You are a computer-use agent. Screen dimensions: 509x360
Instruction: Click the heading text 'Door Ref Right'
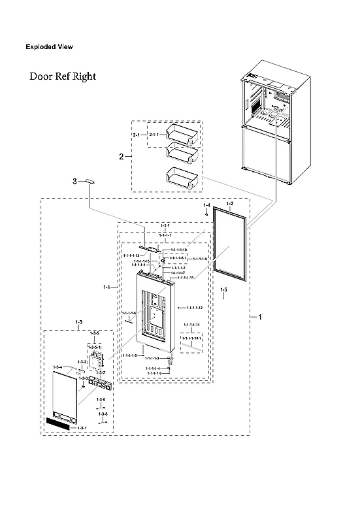coord(62,76)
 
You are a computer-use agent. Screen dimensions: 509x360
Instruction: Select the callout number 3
coord(74,180)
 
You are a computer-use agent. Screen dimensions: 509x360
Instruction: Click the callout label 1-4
coord(206,206)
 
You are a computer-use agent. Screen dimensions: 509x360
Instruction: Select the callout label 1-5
coord(223,289)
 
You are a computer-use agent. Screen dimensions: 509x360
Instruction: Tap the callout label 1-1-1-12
coord(194,307)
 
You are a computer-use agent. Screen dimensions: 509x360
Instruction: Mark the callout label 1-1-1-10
coord(179,250)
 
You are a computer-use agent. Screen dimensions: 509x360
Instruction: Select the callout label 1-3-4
coord(57,367)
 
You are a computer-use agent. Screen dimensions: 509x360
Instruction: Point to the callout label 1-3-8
coord(103,414)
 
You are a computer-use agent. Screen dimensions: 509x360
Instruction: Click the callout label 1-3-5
coord(95,333)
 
